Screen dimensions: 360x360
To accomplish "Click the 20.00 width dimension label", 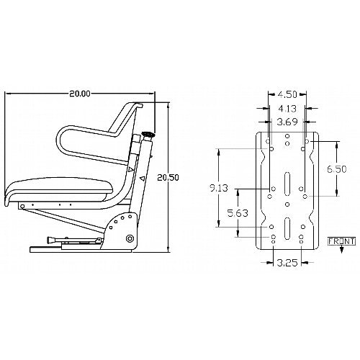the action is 80,94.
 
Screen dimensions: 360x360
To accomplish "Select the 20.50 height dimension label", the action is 168,178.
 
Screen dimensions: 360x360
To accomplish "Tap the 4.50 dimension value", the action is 287,94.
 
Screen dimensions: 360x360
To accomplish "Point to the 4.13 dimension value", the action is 287,109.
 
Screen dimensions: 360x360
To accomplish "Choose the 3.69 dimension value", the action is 287,122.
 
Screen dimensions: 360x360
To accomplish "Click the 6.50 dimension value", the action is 337,169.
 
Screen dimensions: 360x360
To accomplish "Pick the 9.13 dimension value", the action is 219,188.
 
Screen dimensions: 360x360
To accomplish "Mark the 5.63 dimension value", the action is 238,213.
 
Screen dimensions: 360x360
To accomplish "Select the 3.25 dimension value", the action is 287,263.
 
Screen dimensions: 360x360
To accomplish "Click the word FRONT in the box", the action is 341,241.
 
